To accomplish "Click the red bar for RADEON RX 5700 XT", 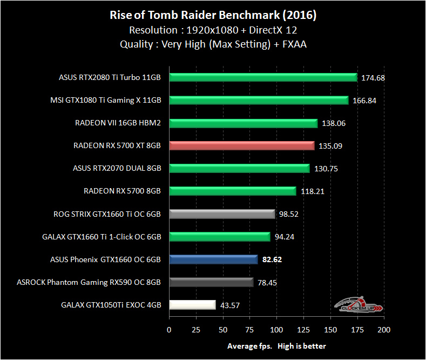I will pos(241,145).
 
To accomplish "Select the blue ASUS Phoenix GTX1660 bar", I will pos(213,259).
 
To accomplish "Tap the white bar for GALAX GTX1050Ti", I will pos(192,305).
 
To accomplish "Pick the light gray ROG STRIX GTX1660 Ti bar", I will pos(222,214).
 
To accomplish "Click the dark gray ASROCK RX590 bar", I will pos(211,282).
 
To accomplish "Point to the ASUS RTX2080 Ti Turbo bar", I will pos(263,77).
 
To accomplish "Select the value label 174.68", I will pos(373,78).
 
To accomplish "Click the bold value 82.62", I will pos(272,259).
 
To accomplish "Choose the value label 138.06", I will pos(333,123).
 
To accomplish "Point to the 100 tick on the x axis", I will pos(276,330).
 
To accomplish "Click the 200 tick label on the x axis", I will pos(383,330).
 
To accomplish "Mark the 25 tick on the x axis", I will pos(195,330).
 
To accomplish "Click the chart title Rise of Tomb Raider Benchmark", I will pos(213,15).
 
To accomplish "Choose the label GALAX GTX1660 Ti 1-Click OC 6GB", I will pos(102,236).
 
